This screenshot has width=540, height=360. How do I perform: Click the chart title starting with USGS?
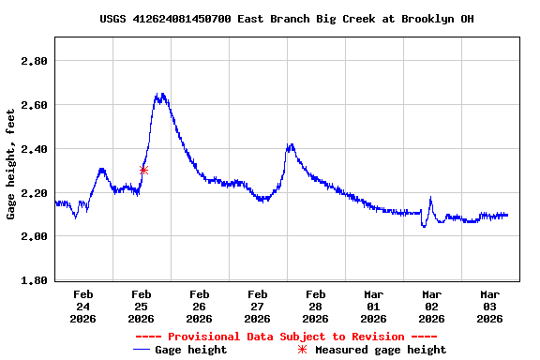tap(286, 19)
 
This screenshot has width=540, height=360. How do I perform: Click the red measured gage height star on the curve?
tap(143, 170)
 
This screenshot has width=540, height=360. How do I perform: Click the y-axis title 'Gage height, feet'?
tap(11, 164)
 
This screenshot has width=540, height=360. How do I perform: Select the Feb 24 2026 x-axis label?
tap(83, 306)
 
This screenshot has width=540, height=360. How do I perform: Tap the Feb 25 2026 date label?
tap(142, 306)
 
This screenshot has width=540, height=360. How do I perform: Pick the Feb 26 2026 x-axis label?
tap(200, 306)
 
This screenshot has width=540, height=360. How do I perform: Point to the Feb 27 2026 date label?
tap(258, 306)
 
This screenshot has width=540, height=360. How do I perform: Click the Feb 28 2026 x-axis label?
tap(316, 306)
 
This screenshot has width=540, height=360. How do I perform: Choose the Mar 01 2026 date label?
tap(374, 306)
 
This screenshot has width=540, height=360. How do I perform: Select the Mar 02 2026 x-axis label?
tap(432, 306)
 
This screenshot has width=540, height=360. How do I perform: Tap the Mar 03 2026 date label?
tap(490, 306)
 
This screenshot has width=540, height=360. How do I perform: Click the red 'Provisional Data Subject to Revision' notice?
tap(286, 337)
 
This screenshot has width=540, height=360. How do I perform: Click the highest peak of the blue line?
tap(162, 94)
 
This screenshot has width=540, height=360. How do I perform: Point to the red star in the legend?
tap(302, 350)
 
